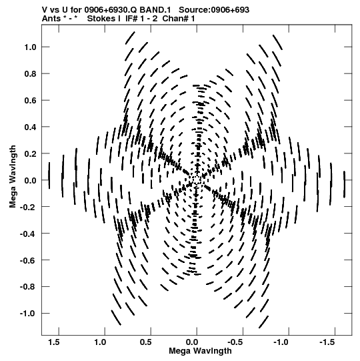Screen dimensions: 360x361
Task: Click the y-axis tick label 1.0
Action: click(x=31, y=47)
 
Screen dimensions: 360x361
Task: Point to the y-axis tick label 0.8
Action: click(x=31, y=74)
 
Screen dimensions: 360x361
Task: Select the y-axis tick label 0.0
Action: click(x=31, y=180)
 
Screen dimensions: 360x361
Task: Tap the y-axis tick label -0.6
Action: click(x=28, y=260)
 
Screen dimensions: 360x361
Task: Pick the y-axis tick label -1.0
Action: click(x=28, y=314)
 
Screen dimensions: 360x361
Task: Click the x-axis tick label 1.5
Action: click(x=54, y=342)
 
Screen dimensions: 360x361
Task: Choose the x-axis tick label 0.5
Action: click(x=146, y=342)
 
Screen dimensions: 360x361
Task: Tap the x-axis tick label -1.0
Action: click(x=281, y=342)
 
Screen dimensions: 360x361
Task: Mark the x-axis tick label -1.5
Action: click(x=327, y=342)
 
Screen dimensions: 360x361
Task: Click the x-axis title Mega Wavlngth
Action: click(x=200, y=351)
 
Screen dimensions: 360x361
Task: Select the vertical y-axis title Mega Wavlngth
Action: click(x=13, y=177)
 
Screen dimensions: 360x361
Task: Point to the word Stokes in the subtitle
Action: click(x=101, y=19)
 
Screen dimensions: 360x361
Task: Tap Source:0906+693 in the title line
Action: click(x=214, y=10)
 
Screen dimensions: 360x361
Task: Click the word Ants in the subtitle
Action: click(x=51, y=19)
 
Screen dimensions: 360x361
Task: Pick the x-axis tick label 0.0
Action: click(x=192, y=342)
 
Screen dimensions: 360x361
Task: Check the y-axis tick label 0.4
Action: click(x=31, y=127)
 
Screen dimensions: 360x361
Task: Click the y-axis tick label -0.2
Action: click(x=28, y=208)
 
